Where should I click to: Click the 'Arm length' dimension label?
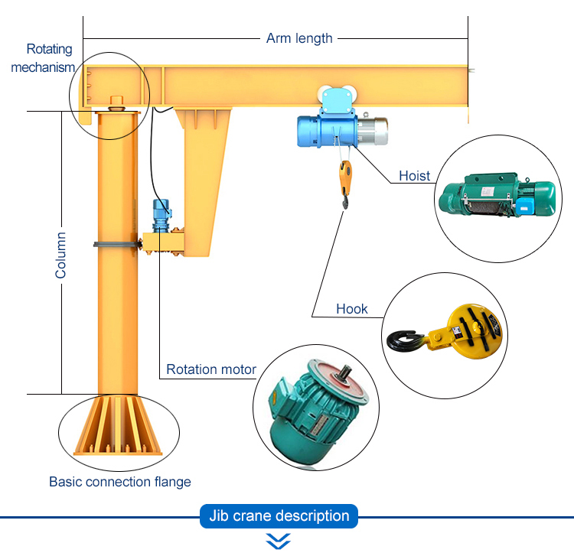coord(299,37)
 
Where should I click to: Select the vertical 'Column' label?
coord(60,255)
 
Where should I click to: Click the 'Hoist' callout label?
coord(415,176)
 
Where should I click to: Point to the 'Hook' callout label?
coord(352,309)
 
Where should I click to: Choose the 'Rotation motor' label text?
coord(211,370)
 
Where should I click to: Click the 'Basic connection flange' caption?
coord(120,482)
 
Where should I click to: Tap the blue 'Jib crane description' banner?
coord(279,516)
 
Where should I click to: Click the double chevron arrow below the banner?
coord(278,541)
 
